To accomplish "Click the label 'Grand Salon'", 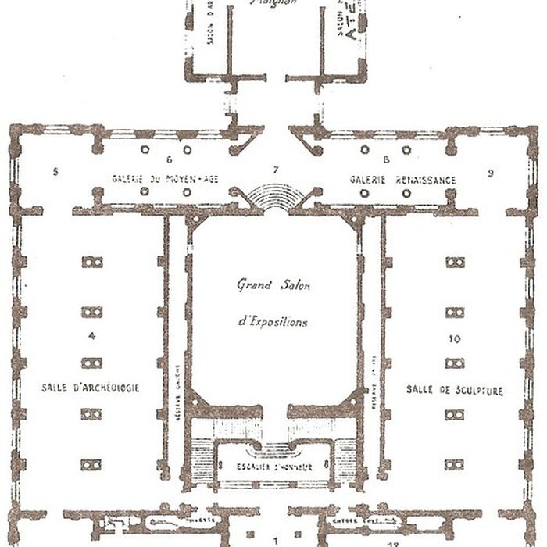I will point(273,286).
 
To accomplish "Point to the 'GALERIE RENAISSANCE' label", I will point(403,180).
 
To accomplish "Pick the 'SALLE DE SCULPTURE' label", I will point(455,389).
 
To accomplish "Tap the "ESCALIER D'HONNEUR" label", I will point(274,467).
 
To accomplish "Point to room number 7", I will point(275,169).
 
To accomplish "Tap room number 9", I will point(491,172).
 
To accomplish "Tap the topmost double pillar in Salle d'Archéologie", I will point(91,262).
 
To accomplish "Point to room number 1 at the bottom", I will point(275,538).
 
